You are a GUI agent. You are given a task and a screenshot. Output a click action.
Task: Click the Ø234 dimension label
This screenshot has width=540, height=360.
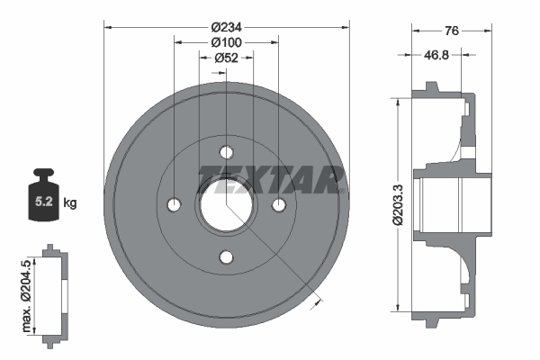point(225,27)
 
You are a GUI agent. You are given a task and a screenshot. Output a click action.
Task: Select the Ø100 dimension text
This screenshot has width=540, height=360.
point(225,42)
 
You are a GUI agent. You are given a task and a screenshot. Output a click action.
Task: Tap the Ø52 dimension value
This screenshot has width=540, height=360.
point(225,58)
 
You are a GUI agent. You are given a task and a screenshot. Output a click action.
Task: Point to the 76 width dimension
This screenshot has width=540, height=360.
point(452,31)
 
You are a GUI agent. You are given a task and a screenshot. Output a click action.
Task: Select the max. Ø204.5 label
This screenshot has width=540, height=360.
point(26,292)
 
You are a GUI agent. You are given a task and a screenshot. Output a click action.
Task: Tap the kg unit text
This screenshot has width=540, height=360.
point(70,203)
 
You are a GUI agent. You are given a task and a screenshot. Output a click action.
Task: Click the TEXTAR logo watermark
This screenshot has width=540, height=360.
point(270,178)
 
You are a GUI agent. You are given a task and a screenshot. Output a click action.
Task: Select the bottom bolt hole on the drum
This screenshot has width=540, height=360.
point(226,257)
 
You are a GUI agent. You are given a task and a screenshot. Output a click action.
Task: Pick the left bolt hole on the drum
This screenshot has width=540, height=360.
point(174,205)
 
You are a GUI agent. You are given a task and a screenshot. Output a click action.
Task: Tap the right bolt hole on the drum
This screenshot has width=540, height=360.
point(278,205)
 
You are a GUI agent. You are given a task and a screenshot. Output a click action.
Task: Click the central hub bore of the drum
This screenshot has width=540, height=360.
point(226,205)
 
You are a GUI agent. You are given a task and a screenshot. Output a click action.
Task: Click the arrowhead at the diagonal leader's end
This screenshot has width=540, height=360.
point(314,303)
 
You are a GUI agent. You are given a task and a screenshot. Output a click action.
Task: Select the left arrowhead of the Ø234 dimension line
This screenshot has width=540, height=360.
point(108,27)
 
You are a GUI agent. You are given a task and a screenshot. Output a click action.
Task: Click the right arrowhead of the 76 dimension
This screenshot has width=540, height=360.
point(490,31)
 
